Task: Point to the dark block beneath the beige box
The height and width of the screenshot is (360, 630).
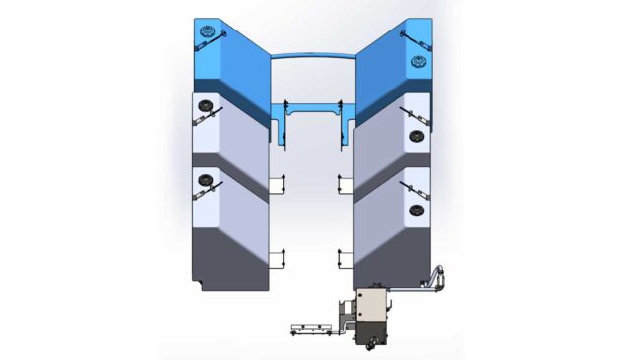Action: (372, 334)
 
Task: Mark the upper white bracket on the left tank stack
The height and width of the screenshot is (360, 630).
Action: (278, 184)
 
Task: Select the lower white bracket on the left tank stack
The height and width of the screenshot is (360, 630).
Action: (278, 259)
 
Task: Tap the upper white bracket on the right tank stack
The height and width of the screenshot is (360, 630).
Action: (346, 184)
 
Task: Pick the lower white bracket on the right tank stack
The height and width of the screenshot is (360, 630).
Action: (346, 259)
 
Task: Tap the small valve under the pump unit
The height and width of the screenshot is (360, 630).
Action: (366, 347)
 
